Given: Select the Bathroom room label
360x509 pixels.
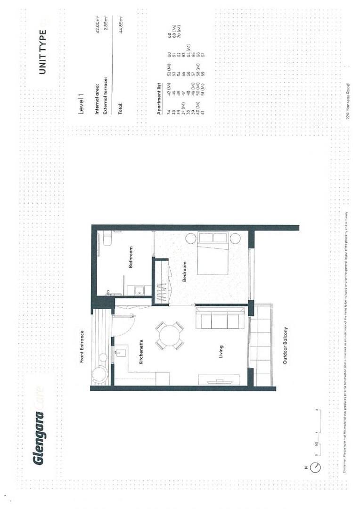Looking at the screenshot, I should click(131, 258).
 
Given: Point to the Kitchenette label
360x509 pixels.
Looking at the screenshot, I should click(141, 353).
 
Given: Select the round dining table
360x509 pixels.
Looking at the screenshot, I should click(170, 336).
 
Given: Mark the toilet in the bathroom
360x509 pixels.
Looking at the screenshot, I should click(106, 238).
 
